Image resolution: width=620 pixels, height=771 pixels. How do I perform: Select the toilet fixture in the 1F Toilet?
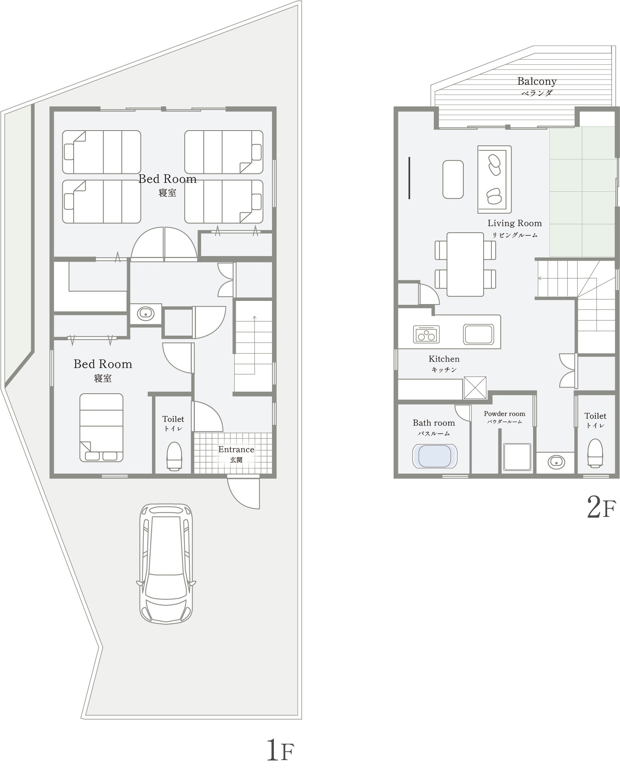tap(174, 455)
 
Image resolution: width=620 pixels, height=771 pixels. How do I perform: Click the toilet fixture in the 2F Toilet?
tap(595, 453)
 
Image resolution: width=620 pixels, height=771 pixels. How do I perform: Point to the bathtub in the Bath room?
tap(435, 456)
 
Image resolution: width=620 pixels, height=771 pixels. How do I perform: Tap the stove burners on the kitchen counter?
tap(426, 334)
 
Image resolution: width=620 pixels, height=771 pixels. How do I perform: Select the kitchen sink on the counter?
tap(479, 334)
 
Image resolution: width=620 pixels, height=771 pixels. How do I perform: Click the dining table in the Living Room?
tap(465, 264)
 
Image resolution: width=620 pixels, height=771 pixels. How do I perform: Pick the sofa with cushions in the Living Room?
tap(495, 179)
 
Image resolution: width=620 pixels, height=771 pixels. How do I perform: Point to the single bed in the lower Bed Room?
tap(101, 428)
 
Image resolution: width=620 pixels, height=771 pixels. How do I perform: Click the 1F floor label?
tap(280, 750)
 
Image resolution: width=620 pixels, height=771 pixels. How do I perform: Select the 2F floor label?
tap(601, 508)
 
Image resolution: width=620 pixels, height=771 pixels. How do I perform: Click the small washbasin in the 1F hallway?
tap(145, 313)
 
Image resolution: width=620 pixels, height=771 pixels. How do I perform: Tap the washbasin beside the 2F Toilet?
tap(556, 462)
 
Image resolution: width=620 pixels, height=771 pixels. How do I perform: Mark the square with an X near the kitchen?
tap(475, 388)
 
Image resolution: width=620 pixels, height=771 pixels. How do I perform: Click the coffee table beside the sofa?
tap(453, 179)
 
